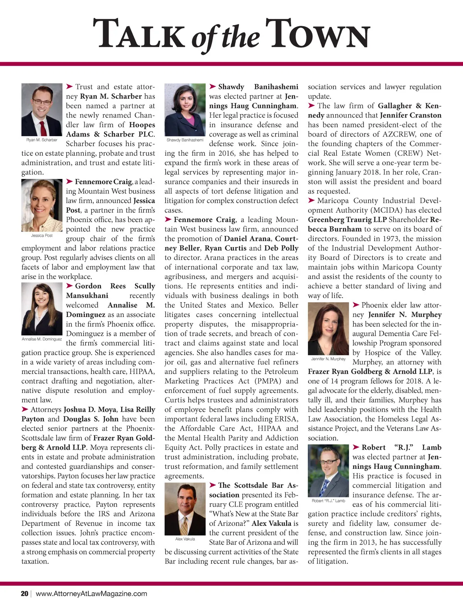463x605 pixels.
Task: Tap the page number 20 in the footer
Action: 25,593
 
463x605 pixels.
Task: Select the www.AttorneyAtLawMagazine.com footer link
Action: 91,593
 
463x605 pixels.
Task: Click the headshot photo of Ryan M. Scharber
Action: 42,110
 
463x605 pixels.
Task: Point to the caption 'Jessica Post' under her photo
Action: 42,235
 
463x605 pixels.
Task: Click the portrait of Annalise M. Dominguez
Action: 42,309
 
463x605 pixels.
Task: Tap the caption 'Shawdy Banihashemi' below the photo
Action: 185,140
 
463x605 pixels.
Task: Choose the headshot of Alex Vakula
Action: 185,509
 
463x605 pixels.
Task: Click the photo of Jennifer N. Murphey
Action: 328,328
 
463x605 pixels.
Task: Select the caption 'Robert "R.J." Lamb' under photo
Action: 328,501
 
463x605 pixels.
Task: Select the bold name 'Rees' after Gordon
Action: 118,286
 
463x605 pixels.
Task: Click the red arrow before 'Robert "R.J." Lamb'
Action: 356,447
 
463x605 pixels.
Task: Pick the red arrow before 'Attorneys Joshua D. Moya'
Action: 25,409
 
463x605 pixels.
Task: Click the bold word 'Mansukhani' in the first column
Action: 87,296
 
